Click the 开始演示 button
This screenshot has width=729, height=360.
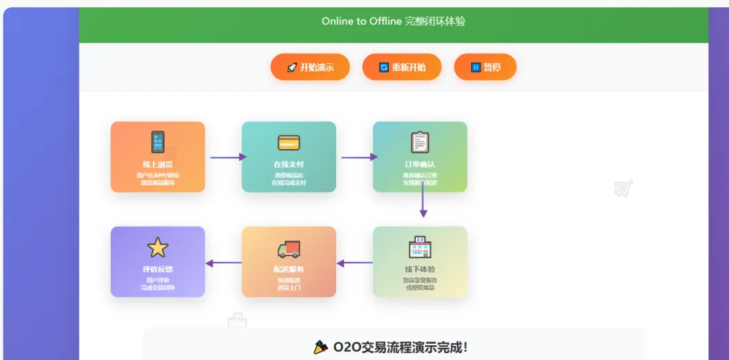(310, 68)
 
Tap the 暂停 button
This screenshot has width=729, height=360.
(485, 68)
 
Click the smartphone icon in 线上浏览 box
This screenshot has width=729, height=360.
(157, 143)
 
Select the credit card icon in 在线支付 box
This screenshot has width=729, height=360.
(288, 143)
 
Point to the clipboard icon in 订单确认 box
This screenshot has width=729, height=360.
(420, 143)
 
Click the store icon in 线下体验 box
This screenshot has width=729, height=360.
(420, 248)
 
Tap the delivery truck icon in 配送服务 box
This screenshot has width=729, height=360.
(288, 249)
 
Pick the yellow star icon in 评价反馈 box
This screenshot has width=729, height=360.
(157, 248)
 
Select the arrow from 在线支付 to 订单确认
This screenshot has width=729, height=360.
(359, 157)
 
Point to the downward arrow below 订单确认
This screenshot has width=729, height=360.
(423, 201)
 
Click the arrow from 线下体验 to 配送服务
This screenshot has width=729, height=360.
(355, 263)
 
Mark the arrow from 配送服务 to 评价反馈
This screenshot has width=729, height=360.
(223, 263)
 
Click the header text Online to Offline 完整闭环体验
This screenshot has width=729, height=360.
(394, 22)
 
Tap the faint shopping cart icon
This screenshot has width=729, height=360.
(623, 188)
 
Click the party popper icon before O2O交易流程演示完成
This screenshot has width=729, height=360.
(321, 347)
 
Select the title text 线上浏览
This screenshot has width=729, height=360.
(157, 165)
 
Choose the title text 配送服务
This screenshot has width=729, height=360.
(288, 269)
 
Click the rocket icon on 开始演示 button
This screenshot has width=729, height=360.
(292, 68)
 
